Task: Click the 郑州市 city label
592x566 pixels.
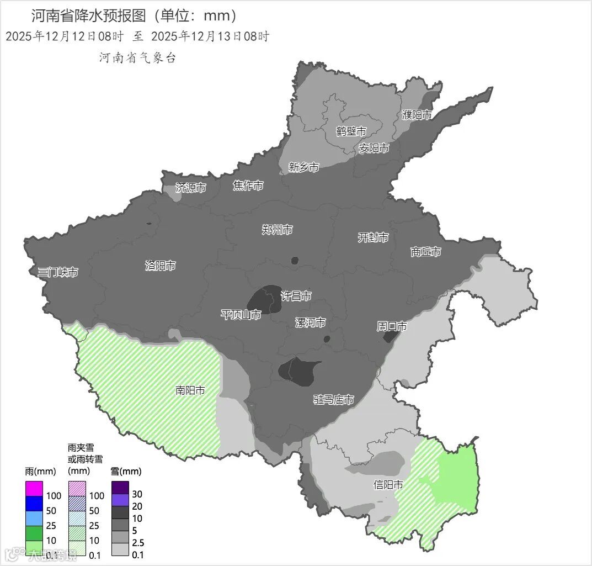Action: click(x=277, y=230)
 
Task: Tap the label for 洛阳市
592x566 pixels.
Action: click(x=160, y=266)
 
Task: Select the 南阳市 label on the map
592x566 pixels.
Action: click(x=190, y=390)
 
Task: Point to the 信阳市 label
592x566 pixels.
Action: click(x=388, y=485)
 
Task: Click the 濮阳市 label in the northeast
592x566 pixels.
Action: click(x=417, y=115)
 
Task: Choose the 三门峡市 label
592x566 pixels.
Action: click(x=57, y=272)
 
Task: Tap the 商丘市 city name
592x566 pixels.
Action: click(x=425, y=252)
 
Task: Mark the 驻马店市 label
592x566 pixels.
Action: click(x=333, y=400)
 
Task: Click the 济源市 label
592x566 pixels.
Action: click(x=190, y=188)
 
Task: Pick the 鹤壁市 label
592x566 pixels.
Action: click(x=351, y=131)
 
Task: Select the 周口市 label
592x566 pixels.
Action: click(x=392, y=326)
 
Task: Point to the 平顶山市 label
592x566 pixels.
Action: click(x=241, y=315)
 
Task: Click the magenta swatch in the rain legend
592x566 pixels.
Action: click(x=34, y=489)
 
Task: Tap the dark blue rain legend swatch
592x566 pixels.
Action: click(x=34, y=504)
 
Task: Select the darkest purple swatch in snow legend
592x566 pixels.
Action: click(x=120, y=488)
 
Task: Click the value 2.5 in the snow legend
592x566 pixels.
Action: click(x=138, y=543)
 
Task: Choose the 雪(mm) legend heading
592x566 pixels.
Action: click(x=126, y=471)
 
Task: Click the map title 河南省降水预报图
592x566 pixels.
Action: click(x=88, y=15)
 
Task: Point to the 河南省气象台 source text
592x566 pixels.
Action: click(x=137, y=58)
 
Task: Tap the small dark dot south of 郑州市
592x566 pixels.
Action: click(x=295, y=260)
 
